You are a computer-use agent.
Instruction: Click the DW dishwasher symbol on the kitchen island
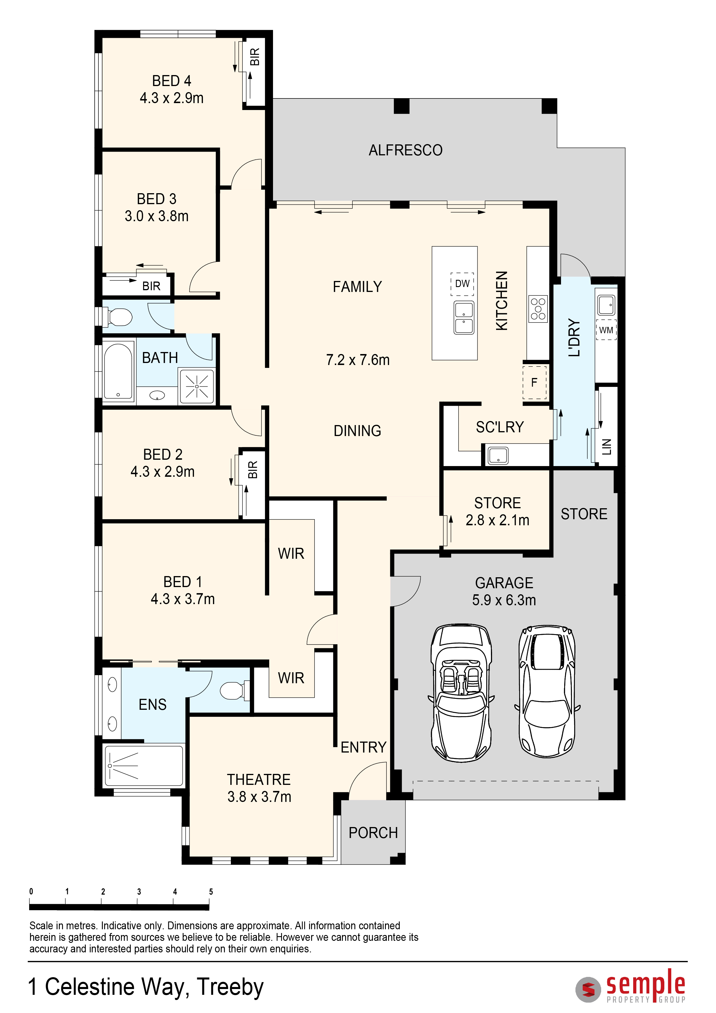click(462, 284)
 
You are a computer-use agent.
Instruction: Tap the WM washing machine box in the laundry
click(606, 330)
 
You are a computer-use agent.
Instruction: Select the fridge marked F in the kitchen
click(534, 383)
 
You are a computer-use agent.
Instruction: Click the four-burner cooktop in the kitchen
click(538, 309)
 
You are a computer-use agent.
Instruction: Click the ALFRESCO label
click(405, 150)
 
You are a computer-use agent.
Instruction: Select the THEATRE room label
click(259, 780)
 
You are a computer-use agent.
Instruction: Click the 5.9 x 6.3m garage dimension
click(504, 600)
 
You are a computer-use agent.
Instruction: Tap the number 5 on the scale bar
click(211, 892)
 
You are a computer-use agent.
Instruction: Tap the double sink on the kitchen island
click(464, 317)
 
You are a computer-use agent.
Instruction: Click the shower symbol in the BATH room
click(197, 386)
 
